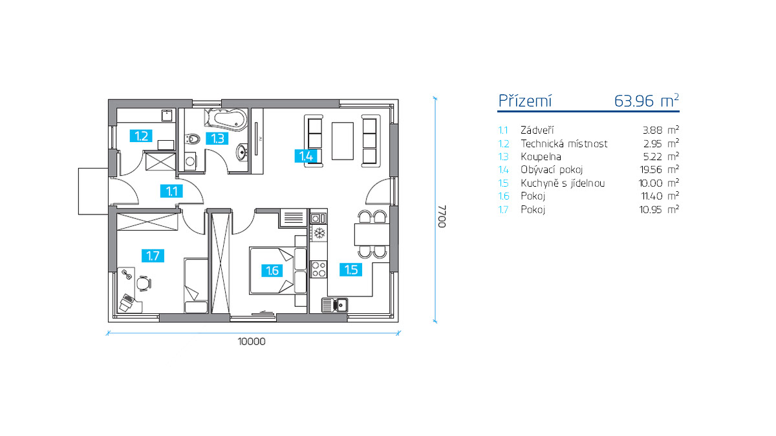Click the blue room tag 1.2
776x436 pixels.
pyautogui.click(x=142, y=136)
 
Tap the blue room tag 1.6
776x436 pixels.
pyautogui.click(x=272, y=270)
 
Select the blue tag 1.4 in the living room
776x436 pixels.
pyautogui.click(x=306, y=156)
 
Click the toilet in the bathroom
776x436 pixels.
pyautogui.click(x=193, y=139)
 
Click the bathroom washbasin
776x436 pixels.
pyautogui.click(x=242, y=152)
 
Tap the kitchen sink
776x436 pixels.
pyautogui.click(x=335, y=305)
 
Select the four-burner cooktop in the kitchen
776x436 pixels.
pyautogui.click(x=318, y=269)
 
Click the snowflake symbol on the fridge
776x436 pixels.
pyautogui.click(x=319, y=233)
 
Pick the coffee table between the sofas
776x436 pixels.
pyautogui.click(x=343, y=141)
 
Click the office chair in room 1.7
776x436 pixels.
pyautogui.click(x=144, y=284)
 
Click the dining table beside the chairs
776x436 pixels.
pyautogui.click(x=372, y=234)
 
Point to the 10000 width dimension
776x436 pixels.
pyautogui.click(x=252, y=342)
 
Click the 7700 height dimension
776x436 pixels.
pyautogui.click(x=442, y=216)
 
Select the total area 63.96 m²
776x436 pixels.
pyautogui.click(x=647, y=101)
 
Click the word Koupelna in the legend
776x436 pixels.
pyautogui.click(x=541, y=157)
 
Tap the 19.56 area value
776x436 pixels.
pyautogui.click(x=651, y=169)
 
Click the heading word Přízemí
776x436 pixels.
pyautogui.click(x=525, y=101)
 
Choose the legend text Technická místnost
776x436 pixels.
pyautogui.click(x=564, y=143)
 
